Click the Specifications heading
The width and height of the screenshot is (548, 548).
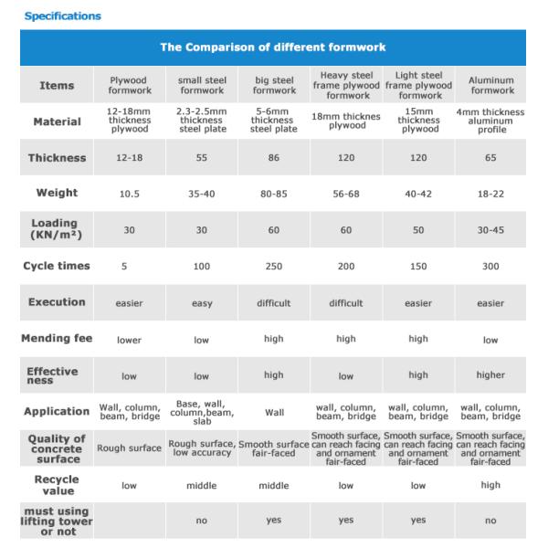click(62, 16)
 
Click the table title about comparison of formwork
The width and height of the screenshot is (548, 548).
click(273, 47)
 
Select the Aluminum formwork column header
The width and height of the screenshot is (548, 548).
click(490, 85)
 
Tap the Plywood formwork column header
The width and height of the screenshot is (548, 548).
click(129, 85)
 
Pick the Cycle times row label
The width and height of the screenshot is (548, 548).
click(57, 266)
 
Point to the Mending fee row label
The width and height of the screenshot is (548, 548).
click(57, 339)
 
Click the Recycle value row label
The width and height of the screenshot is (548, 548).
click(57, 485)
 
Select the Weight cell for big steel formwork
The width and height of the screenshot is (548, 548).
click(274, 194)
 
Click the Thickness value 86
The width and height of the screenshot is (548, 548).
click(274, 158)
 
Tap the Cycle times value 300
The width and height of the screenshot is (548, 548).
click(490, 267)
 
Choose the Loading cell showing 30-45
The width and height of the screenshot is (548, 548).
click(490, 230)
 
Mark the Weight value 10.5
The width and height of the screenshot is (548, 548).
click(129, 194)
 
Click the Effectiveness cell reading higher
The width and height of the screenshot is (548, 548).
click(490, 375)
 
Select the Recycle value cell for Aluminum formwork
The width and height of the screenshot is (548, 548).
click(490, 485)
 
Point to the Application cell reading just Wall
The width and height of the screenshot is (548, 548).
click(274, 412)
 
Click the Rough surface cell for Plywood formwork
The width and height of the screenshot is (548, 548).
click(129, 448)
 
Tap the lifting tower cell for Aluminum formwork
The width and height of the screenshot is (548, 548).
click(490, 521)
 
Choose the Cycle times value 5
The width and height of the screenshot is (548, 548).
click(129, 267)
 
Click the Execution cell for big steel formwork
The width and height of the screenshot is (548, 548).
click(274, 303)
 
